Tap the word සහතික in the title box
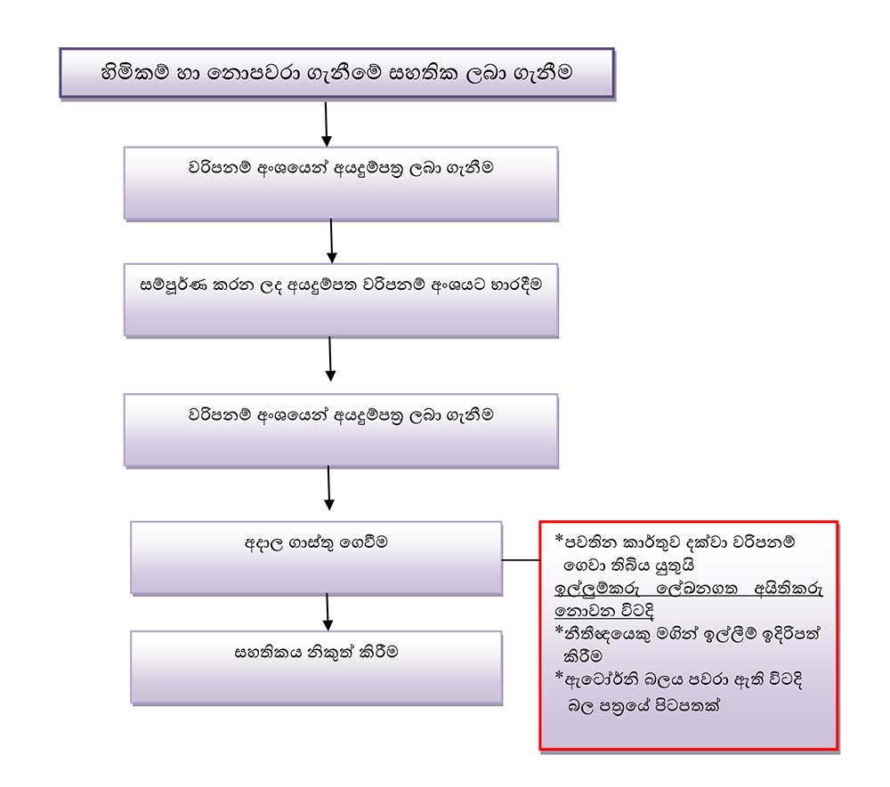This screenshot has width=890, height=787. [x=421, y=73]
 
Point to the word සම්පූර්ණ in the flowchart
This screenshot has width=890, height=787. [x=171, y=287]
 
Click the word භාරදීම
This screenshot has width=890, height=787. [x=507, y=287]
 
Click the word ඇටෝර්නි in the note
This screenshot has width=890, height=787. [x=601, y=680]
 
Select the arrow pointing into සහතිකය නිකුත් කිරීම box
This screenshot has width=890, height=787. [x=328, y=611]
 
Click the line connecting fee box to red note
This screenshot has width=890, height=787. [x=521, y=561]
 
